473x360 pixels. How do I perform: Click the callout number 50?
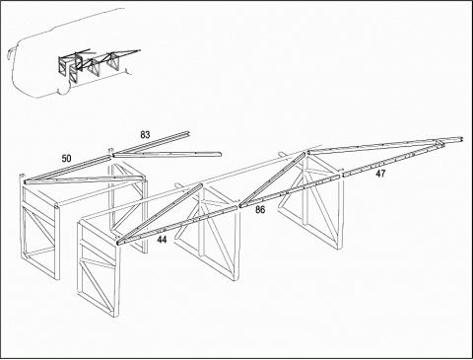(66, 159)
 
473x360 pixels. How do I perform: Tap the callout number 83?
(145, 134)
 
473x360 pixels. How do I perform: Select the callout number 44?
(162, 240)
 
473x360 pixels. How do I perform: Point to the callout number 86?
(260, 209)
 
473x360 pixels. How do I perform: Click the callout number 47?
(380, 174)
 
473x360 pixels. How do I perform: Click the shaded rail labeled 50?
(67, 169)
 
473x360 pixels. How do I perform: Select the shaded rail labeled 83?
(151, 143)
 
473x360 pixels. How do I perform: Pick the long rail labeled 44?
(177, 225)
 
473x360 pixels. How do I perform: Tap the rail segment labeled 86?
(289, 190)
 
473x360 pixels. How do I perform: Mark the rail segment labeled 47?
(392, 159)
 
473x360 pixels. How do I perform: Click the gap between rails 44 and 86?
(238, 206)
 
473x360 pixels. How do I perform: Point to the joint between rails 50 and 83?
(111, 155)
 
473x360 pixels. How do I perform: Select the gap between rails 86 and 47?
(341, 175)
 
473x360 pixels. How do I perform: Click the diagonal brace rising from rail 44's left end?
(160, 213)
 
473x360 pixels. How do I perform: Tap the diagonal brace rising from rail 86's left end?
(273, 179)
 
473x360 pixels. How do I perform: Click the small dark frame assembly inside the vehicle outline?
(96, 64)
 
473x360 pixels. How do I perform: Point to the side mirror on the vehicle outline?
(10, 52)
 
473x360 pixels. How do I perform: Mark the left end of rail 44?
(118, 243)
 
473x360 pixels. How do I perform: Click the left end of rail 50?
(26, 181)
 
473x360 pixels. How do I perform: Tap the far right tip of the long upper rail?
(461, 139)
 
